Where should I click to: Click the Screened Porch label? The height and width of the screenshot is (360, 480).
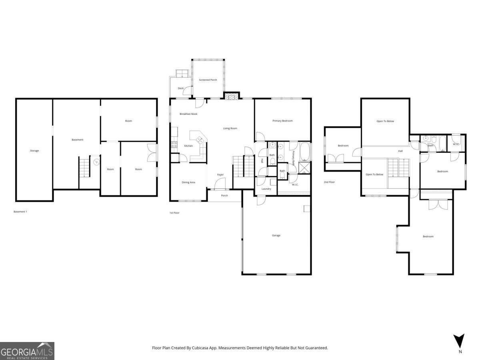click(208, 80)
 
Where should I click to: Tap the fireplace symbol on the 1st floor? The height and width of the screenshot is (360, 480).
click(231, 96)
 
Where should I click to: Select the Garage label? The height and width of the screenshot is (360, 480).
click(276, 236)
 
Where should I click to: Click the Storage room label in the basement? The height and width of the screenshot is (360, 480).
click(34, 151)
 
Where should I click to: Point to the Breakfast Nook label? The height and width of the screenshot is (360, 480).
click(188, 114)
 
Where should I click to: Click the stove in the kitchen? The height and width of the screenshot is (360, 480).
click(174, 144)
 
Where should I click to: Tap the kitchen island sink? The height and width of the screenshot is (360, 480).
click(200, 140)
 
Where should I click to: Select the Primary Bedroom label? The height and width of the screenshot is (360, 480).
click(282, 121)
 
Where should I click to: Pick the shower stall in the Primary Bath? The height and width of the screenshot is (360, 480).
click(304, 168)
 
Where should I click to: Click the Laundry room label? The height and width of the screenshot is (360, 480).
click(266, 189)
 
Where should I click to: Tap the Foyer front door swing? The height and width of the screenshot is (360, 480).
click(220, 183)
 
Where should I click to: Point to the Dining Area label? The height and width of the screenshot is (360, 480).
click(188, 182)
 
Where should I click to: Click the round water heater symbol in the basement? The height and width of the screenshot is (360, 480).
click(96, 162)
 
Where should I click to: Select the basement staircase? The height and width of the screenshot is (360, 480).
click(84, 168)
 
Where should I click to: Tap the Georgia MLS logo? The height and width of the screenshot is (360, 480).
click(27, 351)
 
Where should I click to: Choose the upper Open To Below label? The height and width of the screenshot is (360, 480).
click(385, 121)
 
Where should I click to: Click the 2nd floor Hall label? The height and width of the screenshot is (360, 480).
click(400, 151)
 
